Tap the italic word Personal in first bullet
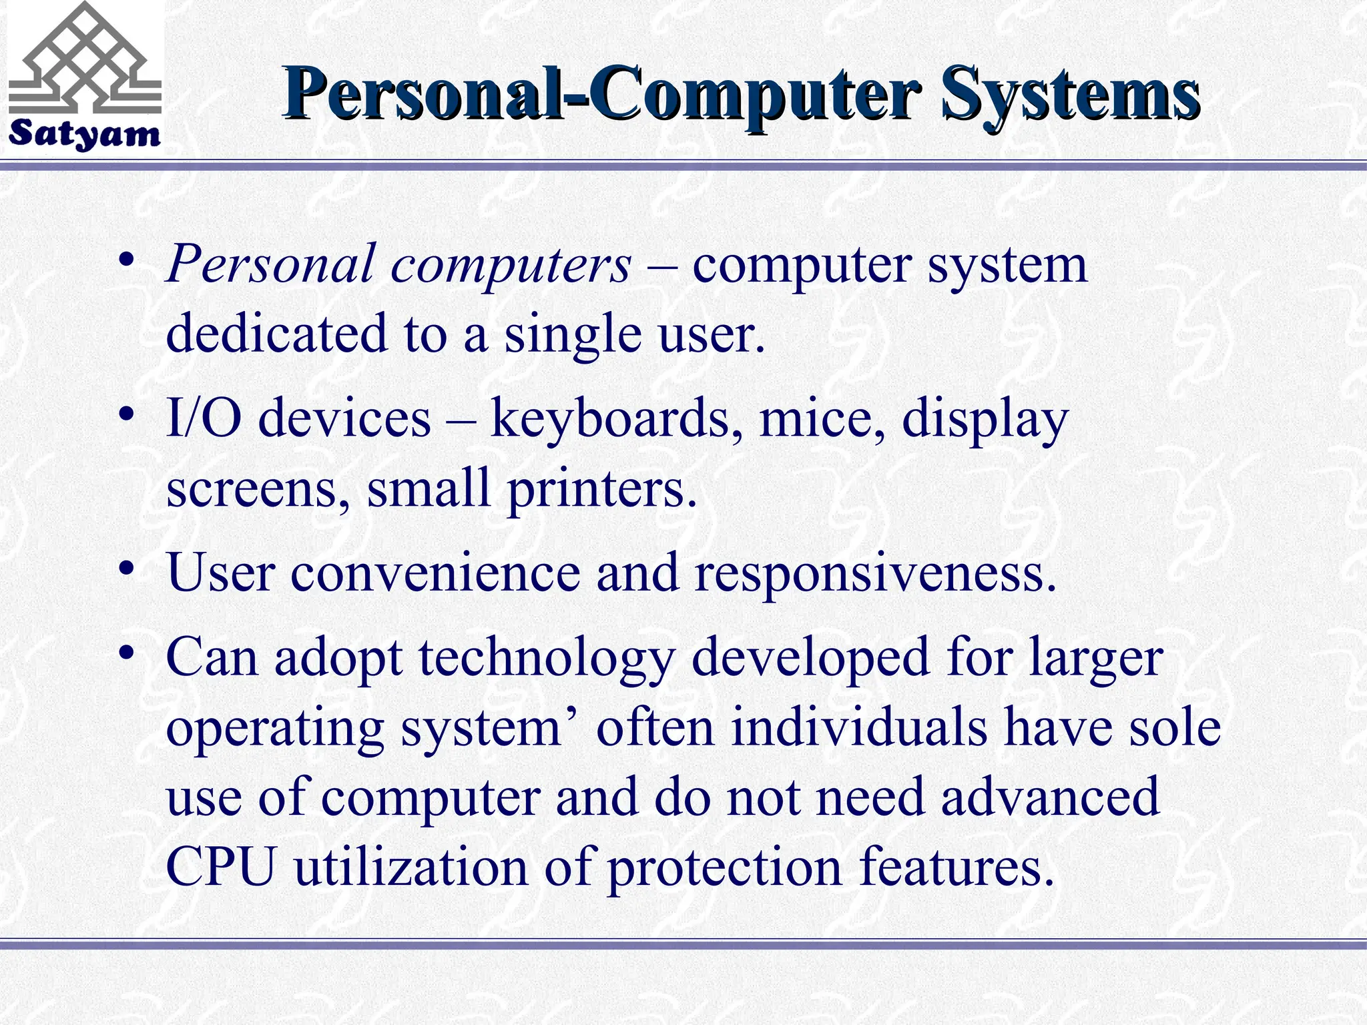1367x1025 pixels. pyautogui.click(x=270, y=264)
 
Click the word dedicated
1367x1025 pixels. pyautogui.click(x=276, y=333)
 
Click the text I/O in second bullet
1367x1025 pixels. pyautogui.click(x=203, y=418)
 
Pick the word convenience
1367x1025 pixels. pyautogui.click(x=435, y=573)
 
